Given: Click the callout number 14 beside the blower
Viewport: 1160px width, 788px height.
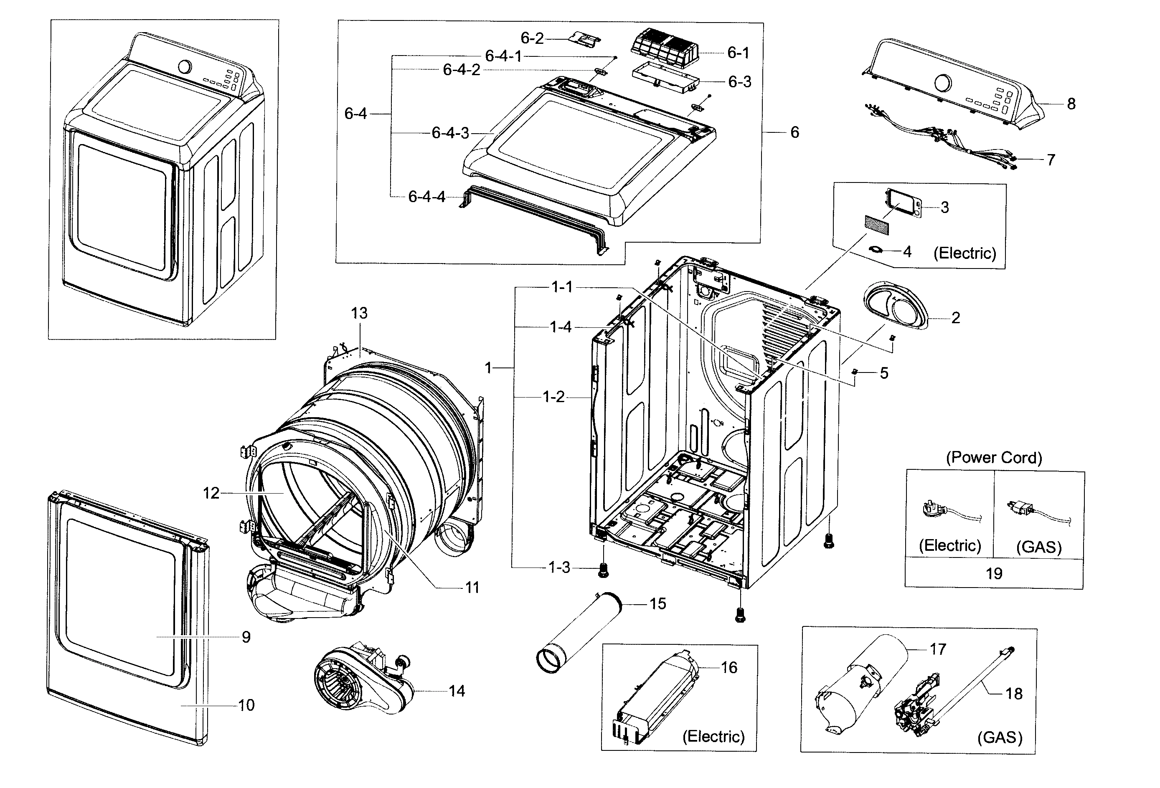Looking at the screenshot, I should click(457, 691).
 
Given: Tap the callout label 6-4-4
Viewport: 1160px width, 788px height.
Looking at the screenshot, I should click(427, 197).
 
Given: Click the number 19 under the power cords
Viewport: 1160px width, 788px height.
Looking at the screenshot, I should click(994, 573).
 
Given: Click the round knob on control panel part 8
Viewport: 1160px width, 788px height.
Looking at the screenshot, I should click(942, 83).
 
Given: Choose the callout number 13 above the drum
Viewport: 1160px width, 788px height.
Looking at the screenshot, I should click(359, 313).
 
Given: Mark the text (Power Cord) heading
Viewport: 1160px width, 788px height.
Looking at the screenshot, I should click(993, 458).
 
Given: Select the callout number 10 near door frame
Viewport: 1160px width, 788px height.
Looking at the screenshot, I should click(246, 705).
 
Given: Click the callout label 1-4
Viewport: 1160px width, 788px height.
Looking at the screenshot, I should click(561, 327).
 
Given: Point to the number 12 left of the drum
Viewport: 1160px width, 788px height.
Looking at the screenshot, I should click(211, 493).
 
